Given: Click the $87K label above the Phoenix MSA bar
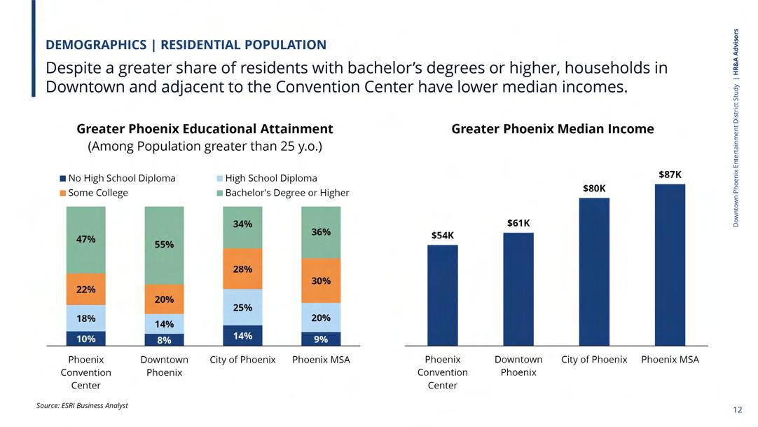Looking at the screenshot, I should point(670,174).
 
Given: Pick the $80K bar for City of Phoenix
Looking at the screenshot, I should point(594,271).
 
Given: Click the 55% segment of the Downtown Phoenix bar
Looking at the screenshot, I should point(164,245).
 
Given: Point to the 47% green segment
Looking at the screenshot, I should point(85,240).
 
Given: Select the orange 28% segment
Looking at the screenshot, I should point(242,269).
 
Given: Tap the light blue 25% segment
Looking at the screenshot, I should point(242,307).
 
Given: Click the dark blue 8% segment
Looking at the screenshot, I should point(164,340).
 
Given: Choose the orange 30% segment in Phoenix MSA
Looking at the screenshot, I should point(321,280).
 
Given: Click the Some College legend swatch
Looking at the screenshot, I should point(63,193).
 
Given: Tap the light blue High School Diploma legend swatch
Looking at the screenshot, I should point(220,178).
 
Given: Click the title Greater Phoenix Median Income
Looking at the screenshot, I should point(552,129).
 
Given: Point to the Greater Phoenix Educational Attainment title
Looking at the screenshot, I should point(205,129).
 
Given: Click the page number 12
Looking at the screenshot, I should point(736,409).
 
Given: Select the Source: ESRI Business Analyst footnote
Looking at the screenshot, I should point(82,405).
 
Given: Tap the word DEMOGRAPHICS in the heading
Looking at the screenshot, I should point(95,45).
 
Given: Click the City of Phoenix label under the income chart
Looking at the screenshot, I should point(594,360).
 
